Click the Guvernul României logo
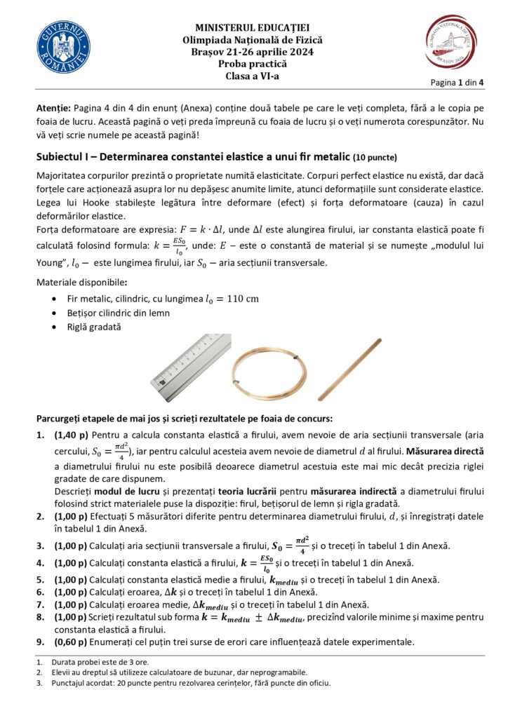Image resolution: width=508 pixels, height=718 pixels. [63, 49]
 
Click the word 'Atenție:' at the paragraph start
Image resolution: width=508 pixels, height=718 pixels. [53, 111]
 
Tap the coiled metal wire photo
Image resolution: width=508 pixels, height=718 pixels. [269, 367]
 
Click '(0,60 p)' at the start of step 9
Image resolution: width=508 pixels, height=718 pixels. [70, 642]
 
